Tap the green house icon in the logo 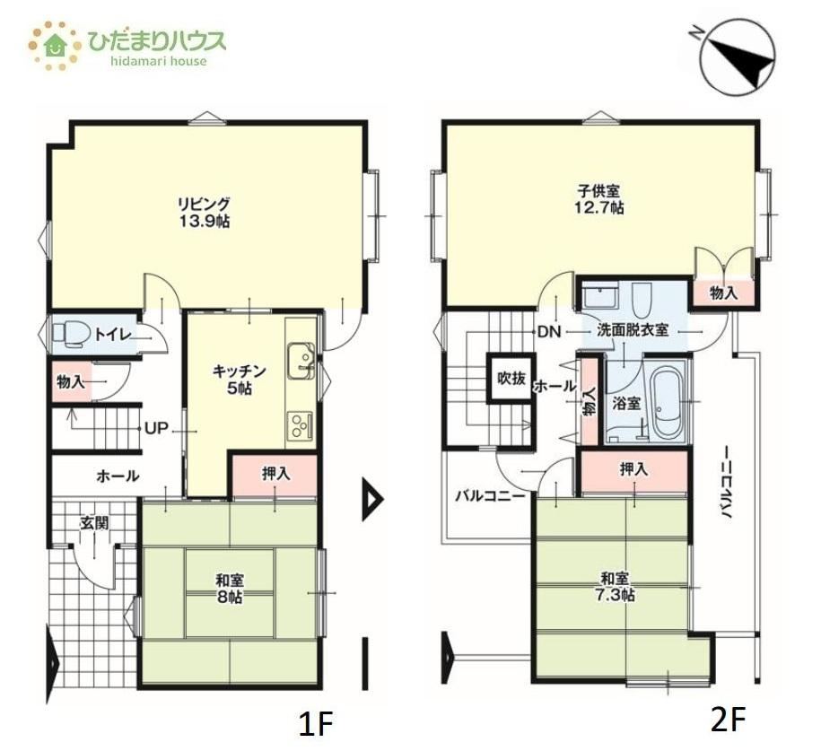pos(55,45)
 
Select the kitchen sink pos(301,362)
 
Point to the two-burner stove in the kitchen pos(300,426)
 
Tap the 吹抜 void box pos(511,378)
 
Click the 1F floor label pos(316,724)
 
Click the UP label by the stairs pos(156,429)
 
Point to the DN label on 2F pos(549,331)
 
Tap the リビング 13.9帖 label pos(205,212)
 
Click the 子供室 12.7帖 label pos(599,199)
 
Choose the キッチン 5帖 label pos(240,380)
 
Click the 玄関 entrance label pos(94,522)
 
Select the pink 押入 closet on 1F pos(275,475)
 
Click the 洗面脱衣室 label pos(633,330)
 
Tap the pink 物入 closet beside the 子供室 pos(723,293)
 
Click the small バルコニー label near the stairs pos(490,495)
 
